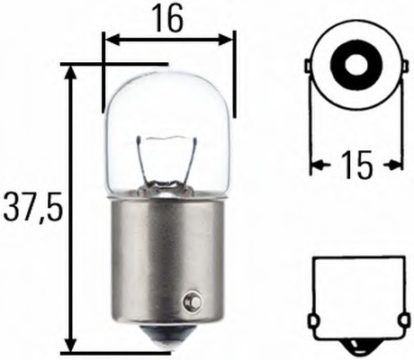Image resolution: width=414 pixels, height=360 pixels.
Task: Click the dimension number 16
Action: (x=168, y=19)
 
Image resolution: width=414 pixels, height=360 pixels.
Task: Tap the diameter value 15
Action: (x=357, y=165)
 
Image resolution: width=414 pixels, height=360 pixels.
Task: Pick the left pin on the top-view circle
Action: (x=309, y=67)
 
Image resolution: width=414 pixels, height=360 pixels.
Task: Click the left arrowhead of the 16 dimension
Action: (x=109, y=40)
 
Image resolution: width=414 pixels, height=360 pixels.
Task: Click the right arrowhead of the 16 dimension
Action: (x=229, y=40)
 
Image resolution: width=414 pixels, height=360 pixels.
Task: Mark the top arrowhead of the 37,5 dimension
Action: (x=71, y=71)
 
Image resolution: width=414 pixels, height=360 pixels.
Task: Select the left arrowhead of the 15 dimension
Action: (x=318, y=164)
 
